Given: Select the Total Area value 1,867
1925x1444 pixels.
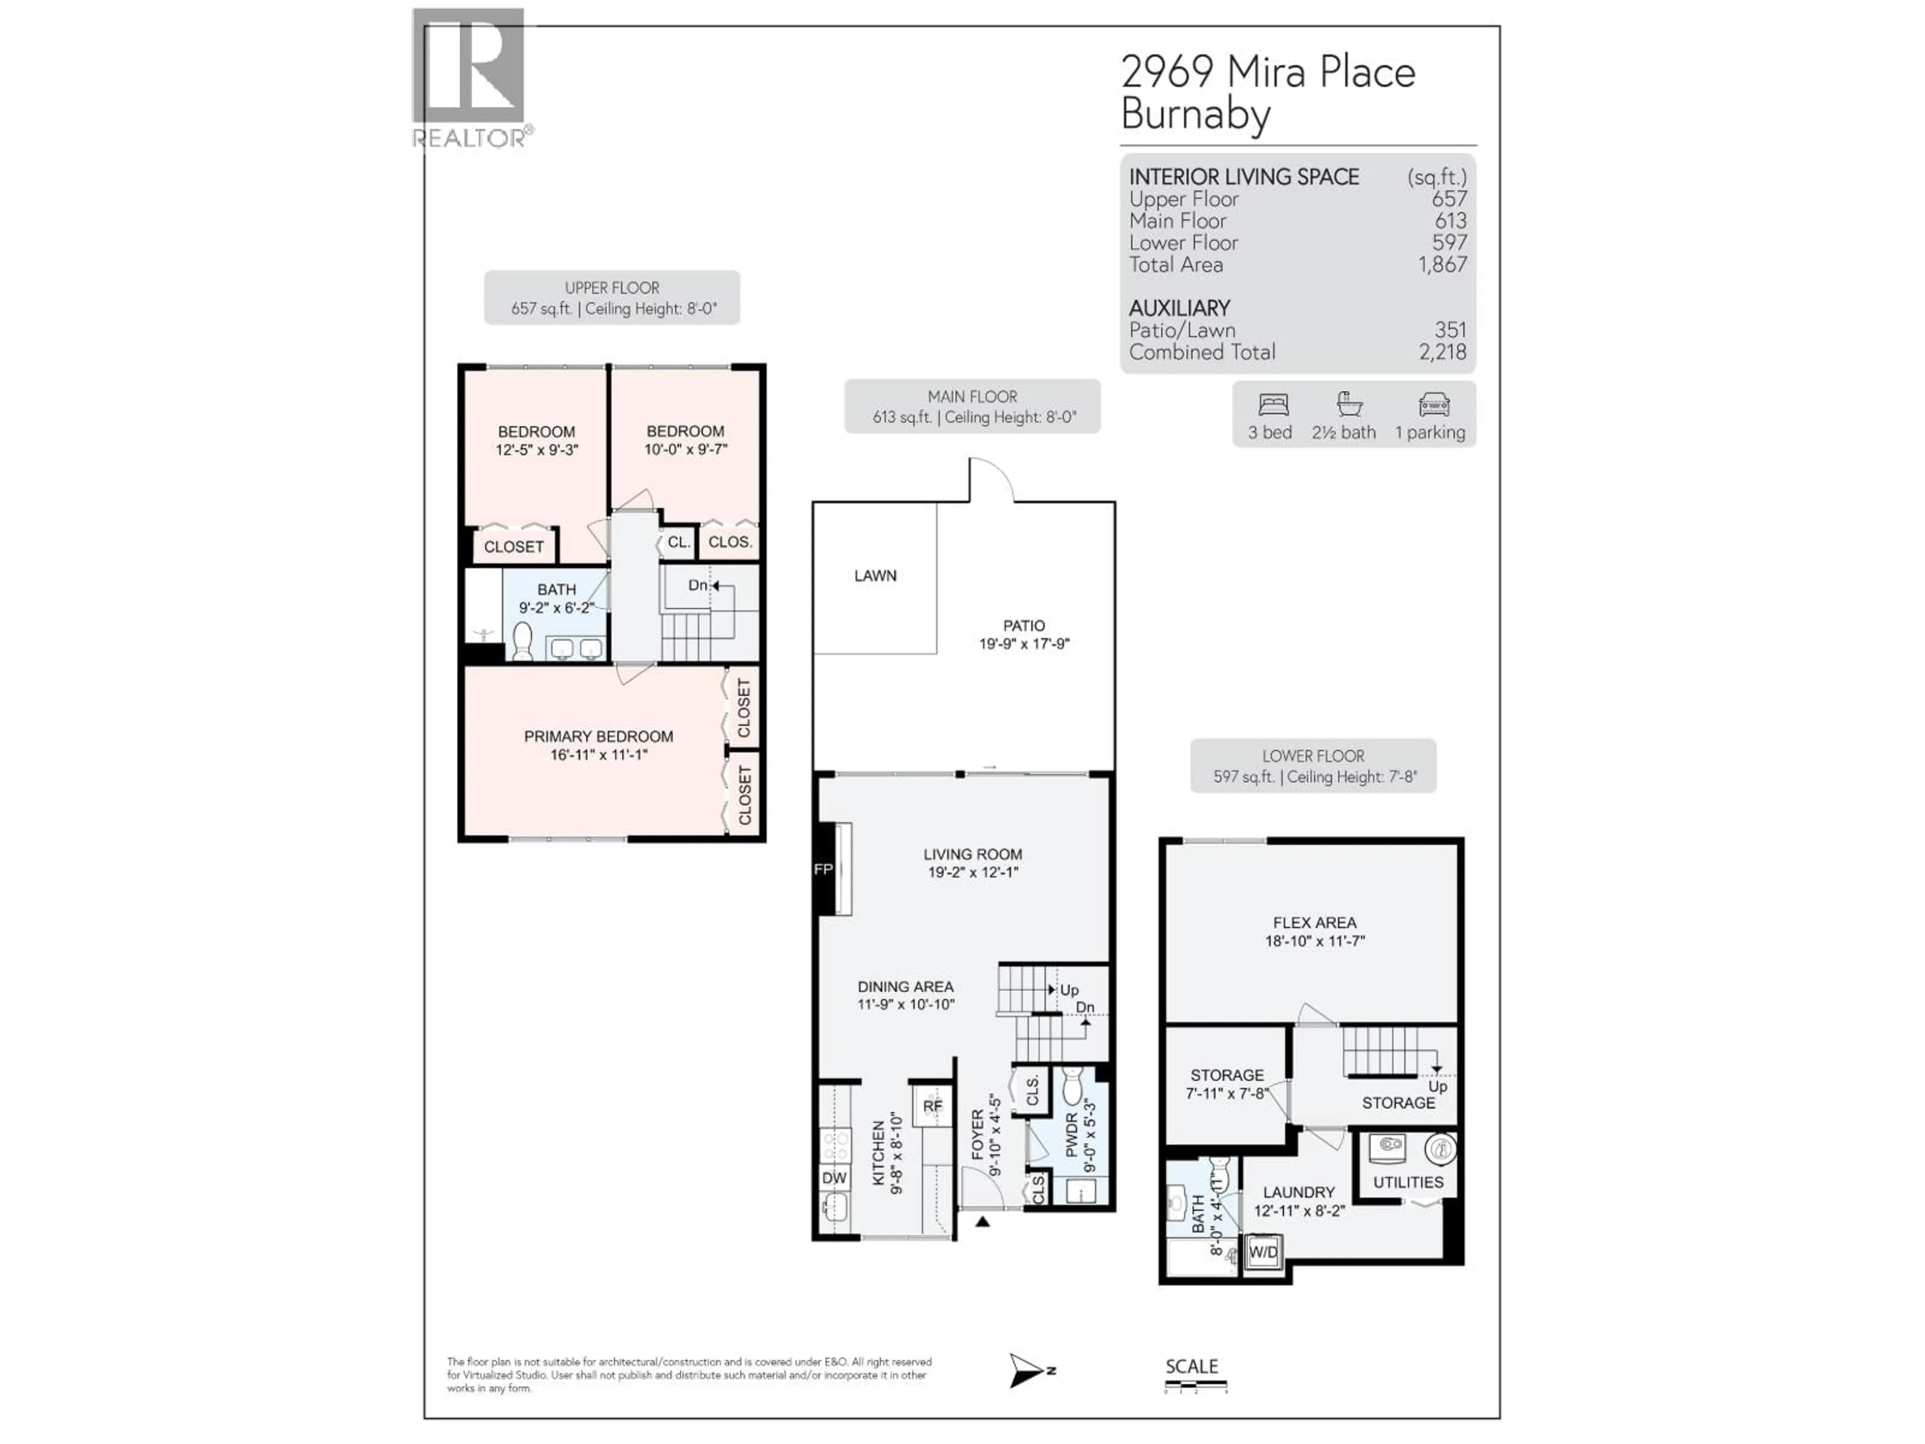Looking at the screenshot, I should coord(1442,265).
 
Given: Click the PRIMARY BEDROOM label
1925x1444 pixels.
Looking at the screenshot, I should coord(598,737).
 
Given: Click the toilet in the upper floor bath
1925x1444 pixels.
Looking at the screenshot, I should coord(522,641).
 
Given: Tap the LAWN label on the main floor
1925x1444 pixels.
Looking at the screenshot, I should coord(875,575).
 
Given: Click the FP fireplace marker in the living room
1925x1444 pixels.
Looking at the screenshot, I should coord(823,869).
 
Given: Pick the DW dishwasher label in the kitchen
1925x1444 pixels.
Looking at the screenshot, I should coord(834,1178).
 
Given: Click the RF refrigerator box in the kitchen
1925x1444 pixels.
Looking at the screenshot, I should coord(932,1106).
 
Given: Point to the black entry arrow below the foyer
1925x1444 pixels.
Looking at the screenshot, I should coord(983,1221).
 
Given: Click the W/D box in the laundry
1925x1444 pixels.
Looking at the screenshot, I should coord(1263,1251).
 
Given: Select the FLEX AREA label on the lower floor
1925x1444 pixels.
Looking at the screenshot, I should coord(1314,923).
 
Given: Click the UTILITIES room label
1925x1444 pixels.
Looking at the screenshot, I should coord(1407,1182).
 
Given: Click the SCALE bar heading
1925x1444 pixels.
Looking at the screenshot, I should coord(1192,1366).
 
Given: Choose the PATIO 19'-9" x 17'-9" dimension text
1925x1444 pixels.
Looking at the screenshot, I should coord(1024,644).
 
